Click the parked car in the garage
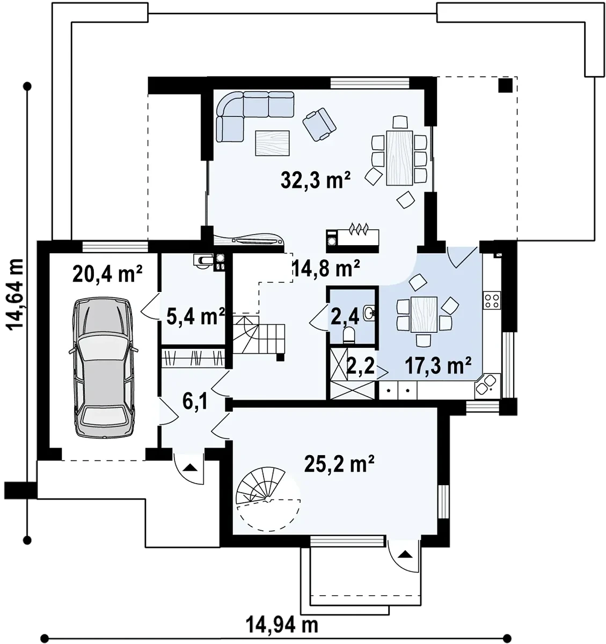click(103, 368)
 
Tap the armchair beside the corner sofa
click(319, 125)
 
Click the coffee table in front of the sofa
click(272, 143)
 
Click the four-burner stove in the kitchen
click(492, 300)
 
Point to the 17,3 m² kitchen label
click(437, 365)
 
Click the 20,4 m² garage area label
click(107, 273)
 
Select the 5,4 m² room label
click(195, 316)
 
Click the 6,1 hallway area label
click(195, 401)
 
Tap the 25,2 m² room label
click(339, 464)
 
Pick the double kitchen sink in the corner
click(487, 386)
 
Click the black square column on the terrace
click(506, 86)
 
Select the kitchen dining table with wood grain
click(424, 314)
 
